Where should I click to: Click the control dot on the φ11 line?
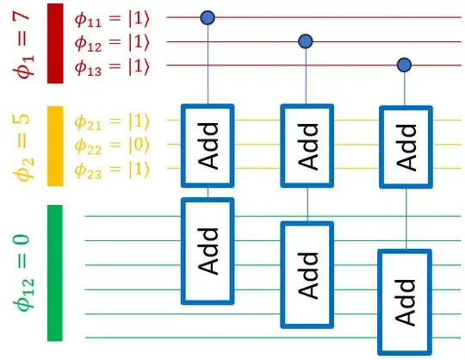[207, 16]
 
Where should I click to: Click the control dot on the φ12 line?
[305, 40]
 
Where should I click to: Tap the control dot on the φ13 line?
[404, 65]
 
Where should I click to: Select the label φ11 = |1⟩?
[113, 17]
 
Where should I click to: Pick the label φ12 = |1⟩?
[113, 41]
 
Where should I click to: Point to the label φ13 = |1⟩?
[113, 65]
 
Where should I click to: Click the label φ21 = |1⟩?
[113, 121]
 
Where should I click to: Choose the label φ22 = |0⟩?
[113, 146]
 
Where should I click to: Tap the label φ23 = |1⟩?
[113, 170]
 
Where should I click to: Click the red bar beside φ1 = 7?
[55, 43]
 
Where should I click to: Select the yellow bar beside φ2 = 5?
[55, 146]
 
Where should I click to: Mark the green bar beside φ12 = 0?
[55, 273]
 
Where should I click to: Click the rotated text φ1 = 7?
[22, 43]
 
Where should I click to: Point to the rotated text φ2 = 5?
[22, 146]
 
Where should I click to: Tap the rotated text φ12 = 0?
[22, 273]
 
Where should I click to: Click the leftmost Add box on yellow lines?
[208, 145]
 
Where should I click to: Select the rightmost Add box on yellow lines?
[406, 145]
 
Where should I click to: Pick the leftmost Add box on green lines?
[208, 251]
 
